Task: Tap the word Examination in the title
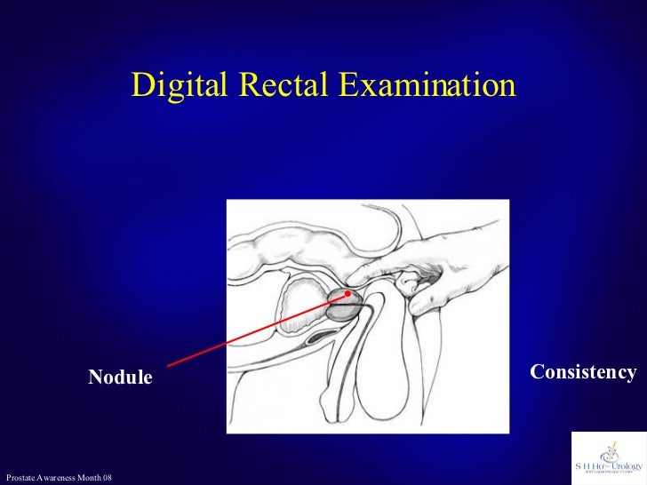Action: coord(426,85)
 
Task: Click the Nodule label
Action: coord(120,378)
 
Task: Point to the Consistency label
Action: coord(583,372)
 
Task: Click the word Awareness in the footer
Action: coord(57,479)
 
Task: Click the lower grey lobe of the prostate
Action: coord(341,310)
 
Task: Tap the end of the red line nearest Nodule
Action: coord(168,365)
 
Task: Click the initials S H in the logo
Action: coord(583,465)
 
